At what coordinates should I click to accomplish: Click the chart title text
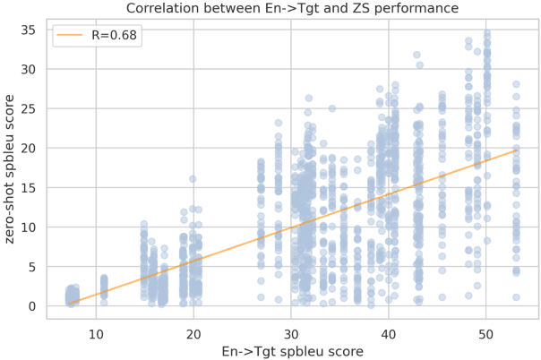(x=292, y=9)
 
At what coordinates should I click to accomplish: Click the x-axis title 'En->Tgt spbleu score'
(x=292, y=349)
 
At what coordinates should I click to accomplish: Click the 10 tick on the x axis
(x=97, y=330)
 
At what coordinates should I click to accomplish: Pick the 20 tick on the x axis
(x=194, y=330)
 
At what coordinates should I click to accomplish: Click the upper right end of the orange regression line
(x=516, y=150)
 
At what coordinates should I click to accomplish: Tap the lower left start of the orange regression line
(x=68, y=304)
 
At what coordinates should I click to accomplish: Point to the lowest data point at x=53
(x=516, y=297)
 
